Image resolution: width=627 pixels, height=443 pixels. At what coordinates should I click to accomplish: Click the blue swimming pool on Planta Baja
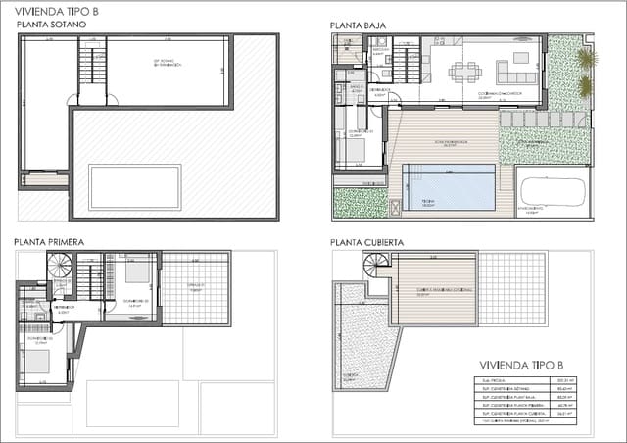click(x=450, y=187)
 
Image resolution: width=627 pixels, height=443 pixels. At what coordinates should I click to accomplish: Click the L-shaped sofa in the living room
click(x=514, y=74)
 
